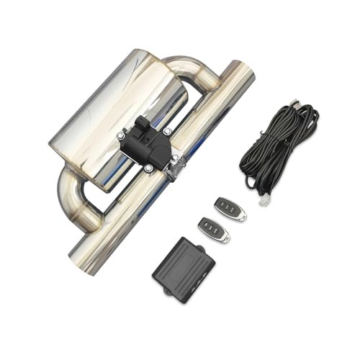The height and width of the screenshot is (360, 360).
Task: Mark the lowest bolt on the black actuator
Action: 148,168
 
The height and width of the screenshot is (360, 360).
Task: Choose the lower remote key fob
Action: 213,229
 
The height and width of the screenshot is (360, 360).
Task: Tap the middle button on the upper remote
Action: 228,207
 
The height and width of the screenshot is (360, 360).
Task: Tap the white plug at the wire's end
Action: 264,202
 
